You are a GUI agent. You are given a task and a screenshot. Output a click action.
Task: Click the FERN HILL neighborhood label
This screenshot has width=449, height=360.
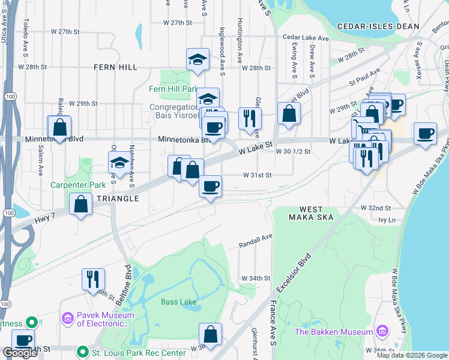point(115,68)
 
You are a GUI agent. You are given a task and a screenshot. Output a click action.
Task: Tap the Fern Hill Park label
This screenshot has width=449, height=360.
point(173,89)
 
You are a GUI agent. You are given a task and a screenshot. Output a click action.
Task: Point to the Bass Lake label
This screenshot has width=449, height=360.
point(178,302)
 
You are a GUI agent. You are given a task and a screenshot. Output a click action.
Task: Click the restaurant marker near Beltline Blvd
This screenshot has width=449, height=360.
point(93,279)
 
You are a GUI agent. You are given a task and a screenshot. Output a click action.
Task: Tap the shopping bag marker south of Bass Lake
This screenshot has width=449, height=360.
point(210,334)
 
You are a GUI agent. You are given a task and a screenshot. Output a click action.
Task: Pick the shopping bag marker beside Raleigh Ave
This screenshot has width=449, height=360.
point(59,127)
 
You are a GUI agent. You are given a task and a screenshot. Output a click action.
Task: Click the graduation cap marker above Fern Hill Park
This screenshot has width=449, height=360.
point(197,59)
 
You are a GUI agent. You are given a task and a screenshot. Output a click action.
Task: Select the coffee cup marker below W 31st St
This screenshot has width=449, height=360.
point(209,186)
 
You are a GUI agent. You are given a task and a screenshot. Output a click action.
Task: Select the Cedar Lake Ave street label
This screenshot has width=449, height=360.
point(306,38)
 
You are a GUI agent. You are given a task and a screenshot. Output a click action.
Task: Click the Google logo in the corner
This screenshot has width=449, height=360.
point(20,353)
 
